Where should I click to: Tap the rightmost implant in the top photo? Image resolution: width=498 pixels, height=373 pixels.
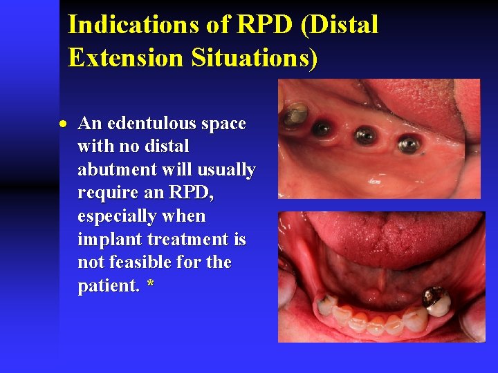tap(409, 144)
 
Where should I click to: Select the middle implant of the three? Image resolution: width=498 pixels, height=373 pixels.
tap(365, 135)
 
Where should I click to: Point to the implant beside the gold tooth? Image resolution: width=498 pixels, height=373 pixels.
tap(321, 128)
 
